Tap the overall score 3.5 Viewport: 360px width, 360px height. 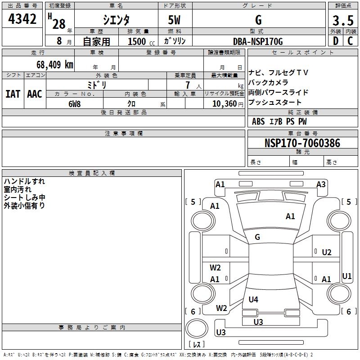click(x=343, y=21)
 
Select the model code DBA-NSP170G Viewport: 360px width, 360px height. click(x=258, y=41)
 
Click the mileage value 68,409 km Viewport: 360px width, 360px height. click(x=55, y=64)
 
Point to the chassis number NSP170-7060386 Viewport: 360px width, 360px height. click(x=302, y=143)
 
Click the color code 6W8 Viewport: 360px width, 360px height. click(x=74, y=103)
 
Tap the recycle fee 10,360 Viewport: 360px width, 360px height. click(x=223, y=103)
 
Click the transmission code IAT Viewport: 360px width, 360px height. click(x=13, y=94)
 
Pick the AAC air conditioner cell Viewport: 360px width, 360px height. click(x=35, y=94)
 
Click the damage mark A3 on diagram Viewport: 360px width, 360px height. click(x=321, y=184)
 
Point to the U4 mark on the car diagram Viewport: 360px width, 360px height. click(x=253, y=299)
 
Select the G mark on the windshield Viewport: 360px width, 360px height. click(x=257, y=237)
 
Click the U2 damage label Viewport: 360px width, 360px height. click(x=327, y=252)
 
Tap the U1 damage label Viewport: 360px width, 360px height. click(x=346, y=276)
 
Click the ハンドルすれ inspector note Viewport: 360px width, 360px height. click(x=24, y=181)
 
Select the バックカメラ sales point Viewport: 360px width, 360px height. click(x=268, y=82)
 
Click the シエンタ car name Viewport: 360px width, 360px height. click(x=116, y=21)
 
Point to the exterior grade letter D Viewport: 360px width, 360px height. click(x=335, y=41)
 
